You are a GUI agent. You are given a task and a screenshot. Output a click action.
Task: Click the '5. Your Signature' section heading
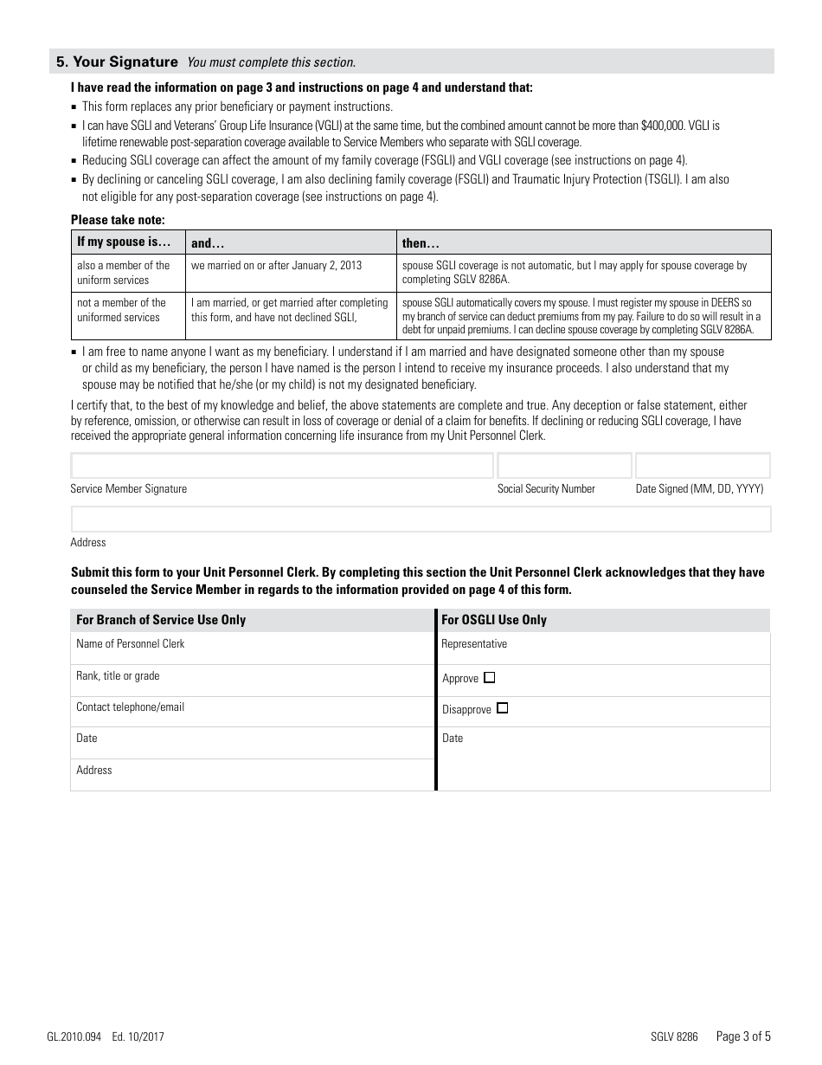point(117,61)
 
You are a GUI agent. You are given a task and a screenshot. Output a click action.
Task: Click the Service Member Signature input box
point(282,466)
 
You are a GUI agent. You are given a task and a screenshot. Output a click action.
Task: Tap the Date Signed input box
point(703,466)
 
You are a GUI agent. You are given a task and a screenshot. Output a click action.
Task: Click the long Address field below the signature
point(421,520)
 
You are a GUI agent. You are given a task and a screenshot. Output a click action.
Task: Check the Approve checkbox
point(490,678)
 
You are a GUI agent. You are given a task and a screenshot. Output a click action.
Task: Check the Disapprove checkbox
point(503,708)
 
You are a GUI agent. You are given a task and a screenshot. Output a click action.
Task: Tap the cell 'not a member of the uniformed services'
point(121,310)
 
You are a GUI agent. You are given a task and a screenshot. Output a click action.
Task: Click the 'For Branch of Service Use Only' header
point(161,620)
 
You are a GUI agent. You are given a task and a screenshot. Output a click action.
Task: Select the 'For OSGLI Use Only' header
point(494,620)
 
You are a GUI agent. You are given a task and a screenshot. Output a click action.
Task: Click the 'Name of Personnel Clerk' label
point(130,644)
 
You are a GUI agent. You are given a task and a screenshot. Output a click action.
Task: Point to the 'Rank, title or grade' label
point(118,676)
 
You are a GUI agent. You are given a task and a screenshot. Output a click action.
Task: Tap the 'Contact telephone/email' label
point(130,707)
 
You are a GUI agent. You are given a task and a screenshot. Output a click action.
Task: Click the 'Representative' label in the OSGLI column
point(474,644)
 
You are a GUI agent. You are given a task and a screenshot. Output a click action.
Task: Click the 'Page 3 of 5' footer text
point(743,1036)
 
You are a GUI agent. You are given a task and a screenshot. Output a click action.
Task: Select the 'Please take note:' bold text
point(118,220)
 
